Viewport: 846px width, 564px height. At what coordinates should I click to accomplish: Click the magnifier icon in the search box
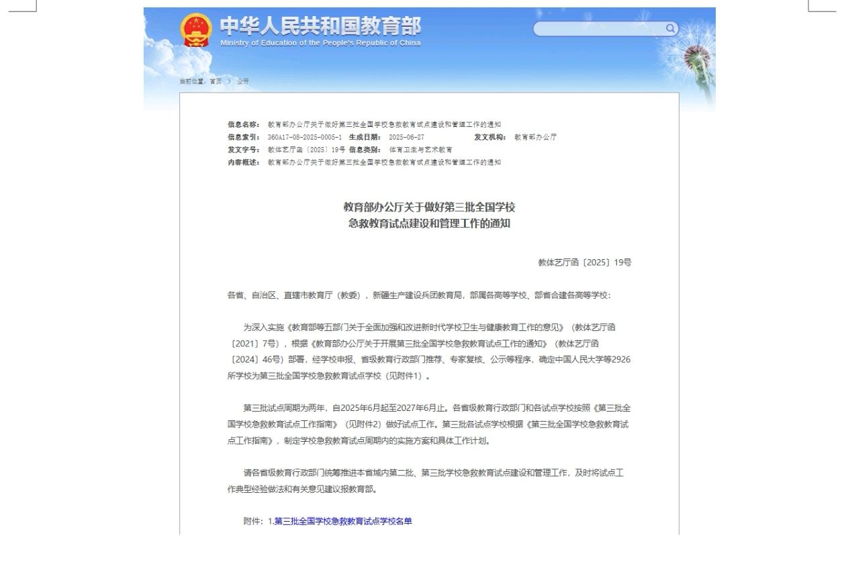click(670, 28)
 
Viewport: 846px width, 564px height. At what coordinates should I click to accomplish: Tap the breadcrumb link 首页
click(216, 81)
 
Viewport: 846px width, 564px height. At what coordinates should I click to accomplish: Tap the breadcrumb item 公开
click(242, 81)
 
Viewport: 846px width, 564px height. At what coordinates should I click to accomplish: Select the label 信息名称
click(243, 124)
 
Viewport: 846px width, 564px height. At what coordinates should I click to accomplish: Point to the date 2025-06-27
click(406, 137)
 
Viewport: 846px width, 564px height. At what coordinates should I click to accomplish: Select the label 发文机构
click(490, 137)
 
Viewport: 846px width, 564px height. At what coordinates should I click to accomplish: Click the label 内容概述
click(243, 162)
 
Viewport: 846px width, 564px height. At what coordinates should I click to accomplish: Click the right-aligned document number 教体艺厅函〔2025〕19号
click(584, 263)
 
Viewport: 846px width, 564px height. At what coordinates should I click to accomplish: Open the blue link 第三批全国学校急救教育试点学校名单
click(343, 521)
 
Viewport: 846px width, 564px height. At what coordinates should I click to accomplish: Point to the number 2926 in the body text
click(620, 359)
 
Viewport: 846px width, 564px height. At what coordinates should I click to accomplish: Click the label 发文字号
click(243, 150)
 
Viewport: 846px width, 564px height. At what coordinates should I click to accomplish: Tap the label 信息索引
click(243, 137)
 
